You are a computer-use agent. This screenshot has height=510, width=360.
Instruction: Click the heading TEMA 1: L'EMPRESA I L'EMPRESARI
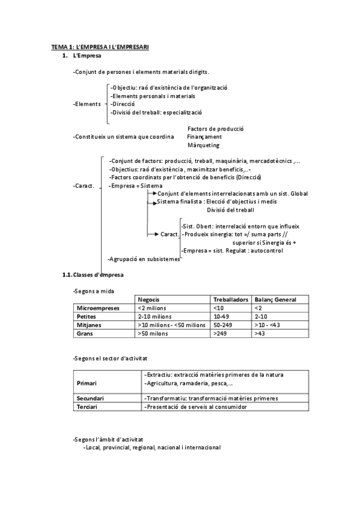[100, 46]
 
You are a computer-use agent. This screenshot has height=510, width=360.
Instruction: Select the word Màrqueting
[203, 145]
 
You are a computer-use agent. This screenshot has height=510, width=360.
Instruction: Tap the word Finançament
[204, 137]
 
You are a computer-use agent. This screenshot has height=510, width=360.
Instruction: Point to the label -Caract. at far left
[84, 186]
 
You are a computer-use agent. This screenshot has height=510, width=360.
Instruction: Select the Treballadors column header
[231, 299]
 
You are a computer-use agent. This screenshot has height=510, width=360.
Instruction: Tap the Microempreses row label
[100, 307]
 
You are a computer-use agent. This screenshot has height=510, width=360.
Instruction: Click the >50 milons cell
[154, 333]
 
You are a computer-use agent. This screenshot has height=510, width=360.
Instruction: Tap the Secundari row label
[91, 398]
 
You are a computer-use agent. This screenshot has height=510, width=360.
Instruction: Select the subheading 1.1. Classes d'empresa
[94, 275]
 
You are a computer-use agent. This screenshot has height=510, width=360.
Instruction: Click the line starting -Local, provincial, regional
[152, 447]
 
